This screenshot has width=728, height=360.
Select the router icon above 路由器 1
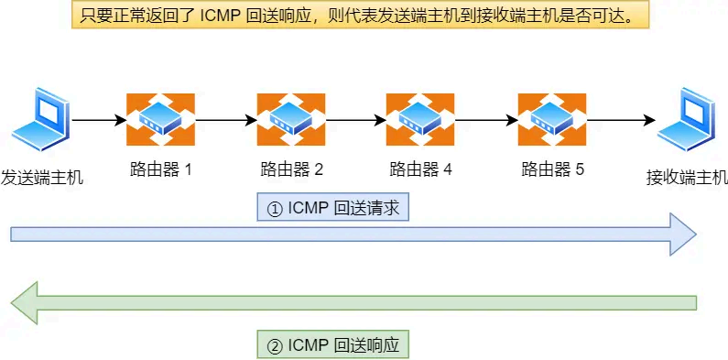coord(160,119)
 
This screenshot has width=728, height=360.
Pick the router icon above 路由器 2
coord(291,119)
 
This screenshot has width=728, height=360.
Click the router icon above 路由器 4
coord(420,119)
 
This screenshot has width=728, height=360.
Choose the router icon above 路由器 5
coord(551,119)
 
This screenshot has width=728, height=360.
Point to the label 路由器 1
coord(160,169)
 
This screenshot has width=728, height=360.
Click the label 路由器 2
coord(291,169)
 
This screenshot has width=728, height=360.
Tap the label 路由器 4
coord(420,169)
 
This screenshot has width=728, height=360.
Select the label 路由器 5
coord(551,169)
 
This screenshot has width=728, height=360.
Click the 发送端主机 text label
coord(41,178)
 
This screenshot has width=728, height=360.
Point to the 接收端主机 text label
coord(686,178)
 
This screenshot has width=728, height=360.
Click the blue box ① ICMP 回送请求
coord(332,208)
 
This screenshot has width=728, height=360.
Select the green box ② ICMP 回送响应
coord(332,345)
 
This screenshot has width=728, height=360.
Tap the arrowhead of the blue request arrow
coord(683,234)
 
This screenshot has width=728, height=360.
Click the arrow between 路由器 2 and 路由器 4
coord(355,119)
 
